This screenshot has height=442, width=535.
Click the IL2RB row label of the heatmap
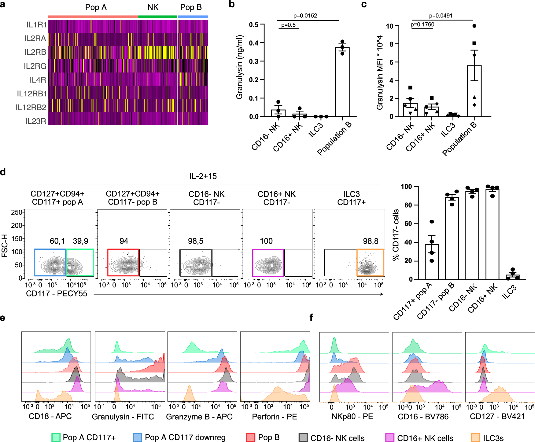(x=35, y=52)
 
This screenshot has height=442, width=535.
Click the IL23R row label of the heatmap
(x=36, y=121)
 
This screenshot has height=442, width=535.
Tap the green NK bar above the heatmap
(x=157, y=17)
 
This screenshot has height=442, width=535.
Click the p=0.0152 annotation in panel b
(x=305, y=16)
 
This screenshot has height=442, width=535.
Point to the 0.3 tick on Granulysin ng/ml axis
(x=254, y=61)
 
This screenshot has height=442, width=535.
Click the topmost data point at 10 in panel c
(x=474, y=26)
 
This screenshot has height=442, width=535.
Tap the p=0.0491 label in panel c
(x=441, y=16)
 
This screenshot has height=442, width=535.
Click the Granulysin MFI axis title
(x=380, y=72)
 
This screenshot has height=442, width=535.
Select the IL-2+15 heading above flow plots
(x=203, y=176)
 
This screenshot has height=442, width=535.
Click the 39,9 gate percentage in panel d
(x=80, y=241)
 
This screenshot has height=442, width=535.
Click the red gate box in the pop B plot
(x=123, y=263)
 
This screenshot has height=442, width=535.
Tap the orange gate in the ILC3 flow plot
(x=370, y=263)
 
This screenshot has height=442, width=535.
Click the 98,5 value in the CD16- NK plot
(x=196, y=241)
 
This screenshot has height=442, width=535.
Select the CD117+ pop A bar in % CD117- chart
(x=432, y=262)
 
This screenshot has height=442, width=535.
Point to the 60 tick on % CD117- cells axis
(x=408, y=224)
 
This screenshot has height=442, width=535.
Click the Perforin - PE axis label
(x=274, y=417)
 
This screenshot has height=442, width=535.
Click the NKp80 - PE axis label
(x=352, y=417)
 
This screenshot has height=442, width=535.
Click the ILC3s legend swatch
(x=476, y=437)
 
